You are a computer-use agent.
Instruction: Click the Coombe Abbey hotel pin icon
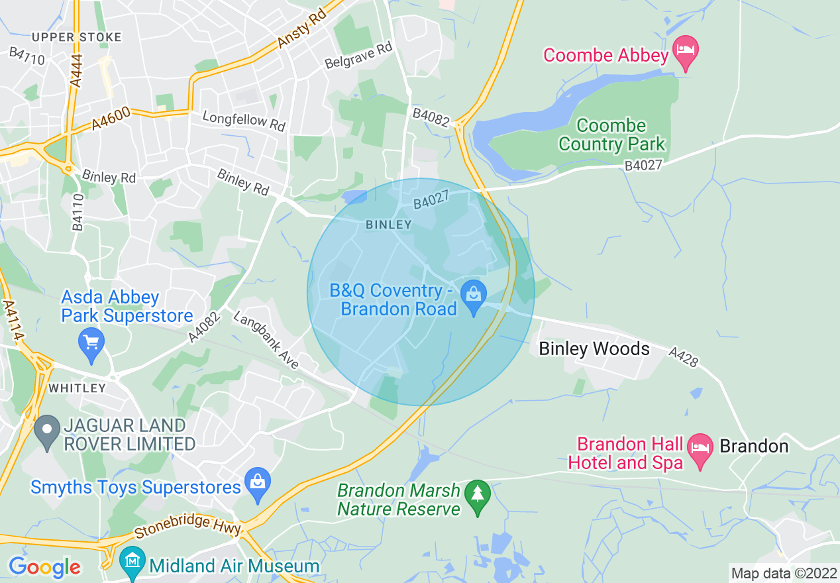[x=686, y=51]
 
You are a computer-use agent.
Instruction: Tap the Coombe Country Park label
[x=611, y=135]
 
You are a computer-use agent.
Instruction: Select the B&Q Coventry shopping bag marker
[x=474, y=296]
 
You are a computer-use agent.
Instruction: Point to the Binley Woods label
[x=594, y=348]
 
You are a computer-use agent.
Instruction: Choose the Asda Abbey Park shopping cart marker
[x=91, y=343]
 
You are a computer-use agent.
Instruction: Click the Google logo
[x=44, y=568]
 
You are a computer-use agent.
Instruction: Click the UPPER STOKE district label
[x=77, y=37]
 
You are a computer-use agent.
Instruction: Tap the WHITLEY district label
[x=77, y=388]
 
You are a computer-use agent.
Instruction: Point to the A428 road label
[x=684, y=358]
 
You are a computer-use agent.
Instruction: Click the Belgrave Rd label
[x=358, y=56]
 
